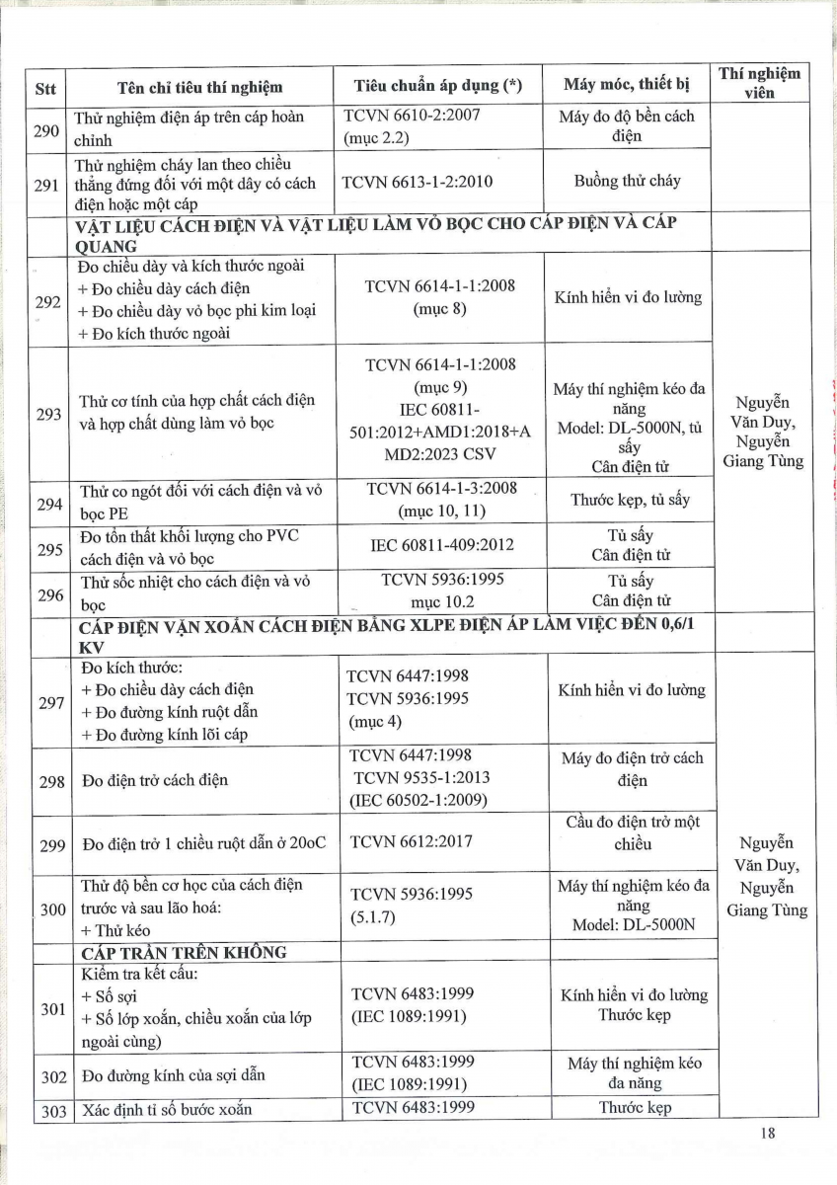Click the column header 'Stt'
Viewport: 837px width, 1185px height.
45,86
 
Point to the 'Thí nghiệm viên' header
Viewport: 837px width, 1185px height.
759,83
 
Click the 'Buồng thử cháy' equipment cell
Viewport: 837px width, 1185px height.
627,182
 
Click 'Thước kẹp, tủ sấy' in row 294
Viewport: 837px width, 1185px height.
630,500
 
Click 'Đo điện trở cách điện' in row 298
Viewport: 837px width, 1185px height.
155,780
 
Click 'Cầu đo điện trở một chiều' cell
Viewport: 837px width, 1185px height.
633,833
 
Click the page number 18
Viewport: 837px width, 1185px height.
768,1134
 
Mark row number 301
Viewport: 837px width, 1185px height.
48,1008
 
